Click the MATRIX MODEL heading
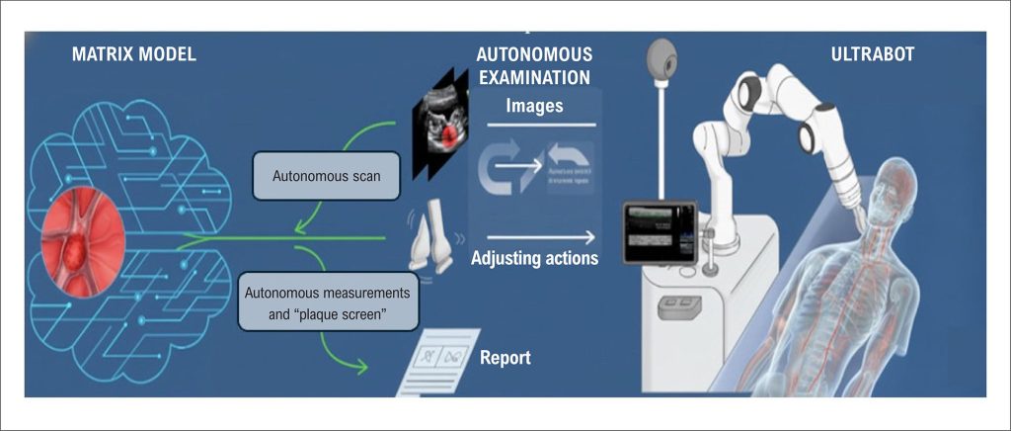pos(133,54)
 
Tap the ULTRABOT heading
pos(872,54)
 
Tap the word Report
pos(505,357)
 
